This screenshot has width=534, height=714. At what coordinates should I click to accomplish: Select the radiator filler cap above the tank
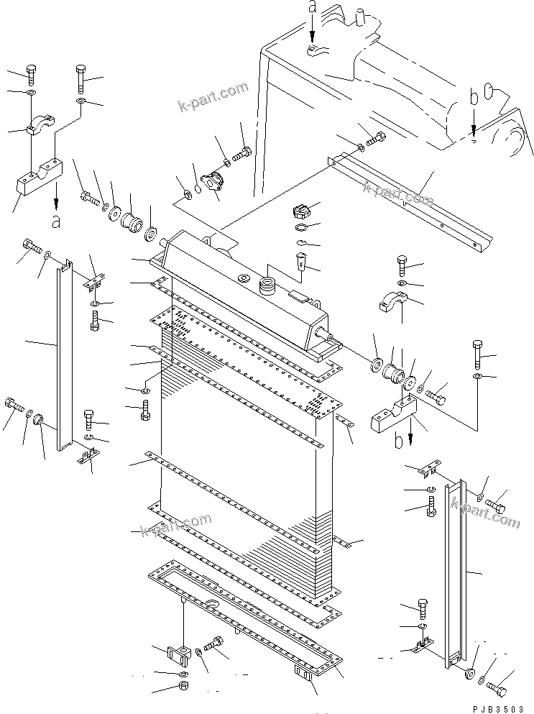coord(299,212)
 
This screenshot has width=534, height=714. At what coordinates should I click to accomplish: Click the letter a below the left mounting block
coord(57,221)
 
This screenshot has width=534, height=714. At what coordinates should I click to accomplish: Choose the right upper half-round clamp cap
coord(394,301)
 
